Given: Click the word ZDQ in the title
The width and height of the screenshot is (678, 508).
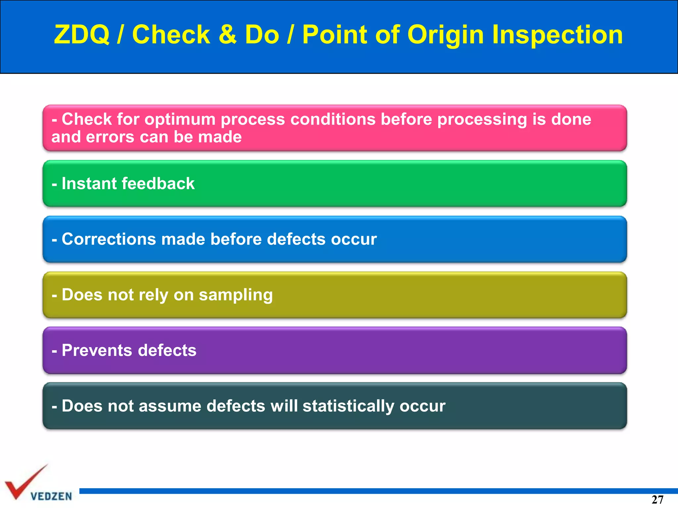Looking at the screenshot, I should pos(82,34).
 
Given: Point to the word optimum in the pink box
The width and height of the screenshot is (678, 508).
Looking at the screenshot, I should pos(180,119).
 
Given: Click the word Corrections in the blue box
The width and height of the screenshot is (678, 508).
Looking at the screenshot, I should pos(109,239).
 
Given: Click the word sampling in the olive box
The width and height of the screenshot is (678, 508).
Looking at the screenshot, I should pos(235,295).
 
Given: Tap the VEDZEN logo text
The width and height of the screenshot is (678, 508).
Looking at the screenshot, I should pos(51,496).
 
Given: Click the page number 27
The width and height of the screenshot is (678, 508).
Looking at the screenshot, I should pos(657,500).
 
